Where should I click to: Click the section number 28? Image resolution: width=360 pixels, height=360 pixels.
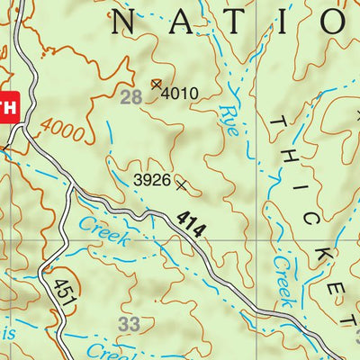point(131,96)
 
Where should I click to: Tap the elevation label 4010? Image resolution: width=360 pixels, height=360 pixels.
point(180,92)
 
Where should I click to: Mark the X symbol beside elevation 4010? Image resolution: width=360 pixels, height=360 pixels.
point(157,85)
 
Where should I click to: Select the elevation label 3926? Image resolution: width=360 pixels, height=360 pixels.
point(151,180)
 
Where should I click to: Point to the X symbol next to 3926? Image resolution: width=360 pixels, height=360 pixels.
point(183,185)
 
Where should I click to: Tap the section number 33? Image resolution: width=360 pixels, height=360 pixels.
point(130,322)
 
